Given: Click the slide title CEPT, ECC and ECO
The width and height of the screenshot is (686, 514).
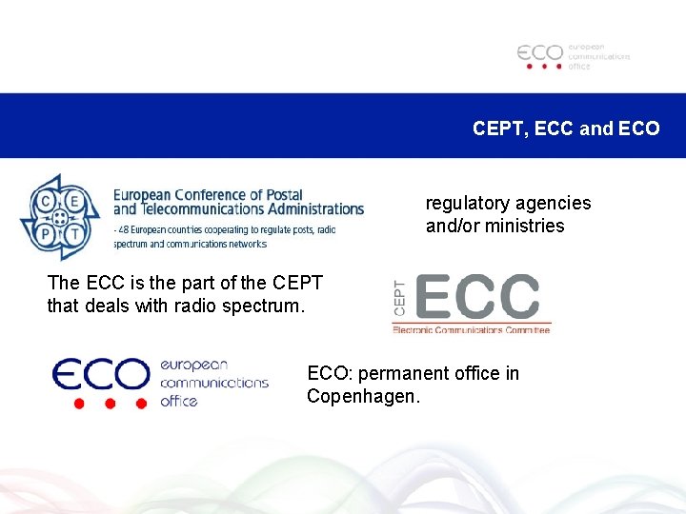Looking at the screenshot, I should point(565,128).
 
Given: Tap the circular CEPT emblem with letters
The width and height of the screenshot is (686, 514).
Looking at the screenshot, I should point(60,217).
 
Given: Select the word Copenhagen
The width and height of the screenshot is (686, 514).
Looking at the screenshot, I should point(362,396).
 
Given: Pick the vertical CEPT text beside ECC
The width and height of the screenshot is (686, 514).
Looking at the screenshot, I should point(399,298).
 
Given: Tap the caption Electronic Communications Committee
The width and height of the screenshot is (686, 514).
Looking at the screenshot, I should point(471,329).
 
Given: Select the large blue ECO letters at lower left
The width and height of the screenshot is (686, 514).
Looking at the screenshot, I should point(100,375).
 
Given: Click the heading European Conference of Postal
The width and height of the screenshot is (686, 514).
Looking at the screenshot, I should point(201,194).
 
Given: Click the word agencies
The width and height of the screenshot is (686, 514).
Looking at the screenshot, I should point(554,203).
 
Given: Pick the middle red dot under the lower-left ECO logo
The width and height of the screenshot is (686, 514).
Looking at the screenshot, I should point(110,404).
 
